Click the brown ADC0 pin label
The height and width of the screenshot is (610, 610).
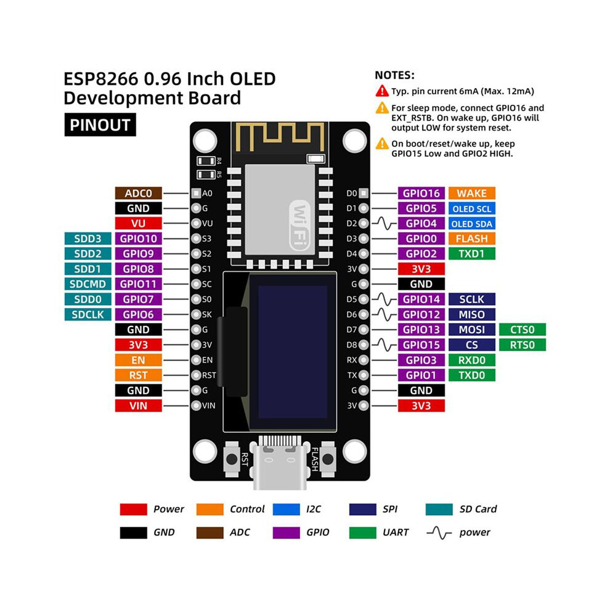pyautogui.click(x=138, y=193)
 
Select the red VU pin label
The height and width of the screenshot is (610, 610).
pyautogui.click(x=138, y=223)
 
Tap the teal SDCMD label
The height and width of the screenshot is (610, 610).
pyautogui.click(x=87, y=284)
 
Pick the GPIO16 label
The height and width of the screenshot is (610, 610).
pyautogui.click(x=421, y=193)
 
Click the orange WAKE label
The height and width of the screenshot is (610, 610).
pyautogui.click(x=471, y=193)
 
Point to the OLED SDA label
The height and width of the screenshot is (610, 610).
pyautogui.click(x=471, y=224)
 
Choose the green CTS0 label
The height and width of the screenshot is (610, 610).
pyautogui.click(x=522, y=330)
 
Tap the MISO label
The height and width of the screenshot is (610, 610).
pyautogui.click(x=471, y=314)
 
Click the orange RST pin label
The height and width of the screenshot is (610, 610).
pyautogui.click(x=138, y=375)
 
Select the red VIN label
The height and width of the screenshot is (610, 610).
pyautogui.click(x=138, y=405)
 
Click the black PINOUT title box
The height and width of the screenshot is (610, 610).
pyautogui.click(x=100, y=125)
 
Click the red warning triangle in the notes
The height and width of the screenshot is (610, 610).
pyautogui.click(x=382, y=91)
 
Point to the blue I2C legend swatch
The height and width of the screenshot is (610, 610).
pyautogui.click(x=287, y=509)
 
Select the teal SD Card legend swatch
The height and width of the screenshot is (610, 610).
pyautogui.click(x=439, y=509)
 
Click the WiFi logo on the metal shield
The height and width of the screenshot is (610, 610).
pyautogui.click(x=300, y=226)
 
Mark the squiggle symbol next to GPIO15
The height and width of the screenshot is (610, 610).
pyautogui.click(x=384, y=344)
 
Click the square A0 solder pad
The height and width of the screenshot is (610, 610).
pyautogui.click(x=196, y=193)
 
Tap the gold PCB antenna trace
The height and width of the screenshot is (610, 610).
pyautogui.click(x=280, y=137)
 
